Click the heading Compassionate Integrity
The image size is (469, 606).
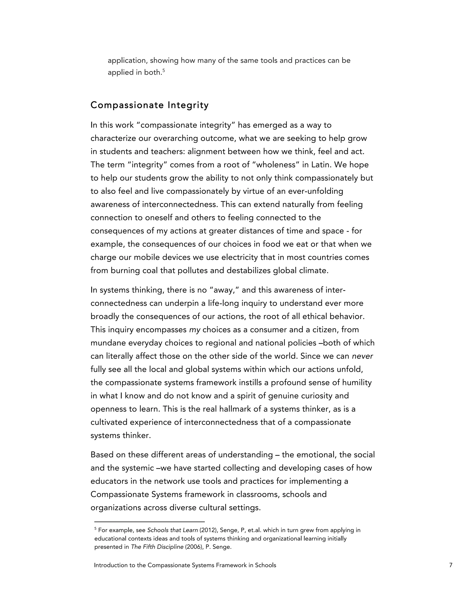(x=150, y=105)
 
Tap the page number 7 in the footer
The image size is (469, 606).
(x=451, y=565)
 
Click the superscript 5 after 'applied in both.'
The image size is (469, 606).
(x=164, y=71)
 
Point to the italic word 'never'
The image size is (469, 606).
(x=362, y=356)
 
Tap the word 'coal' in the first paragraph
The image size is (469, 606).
(x=150, y=271)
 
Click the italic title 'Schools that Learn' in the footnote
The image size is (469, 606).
(x=172, y=530)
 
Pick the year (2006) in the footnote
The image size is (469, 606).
(x=194, y=547)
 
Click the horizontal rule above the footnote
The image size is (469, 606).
(x=150, y=522)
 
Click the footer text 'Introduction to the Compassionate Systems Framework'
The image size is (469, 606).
(x=185, y=565)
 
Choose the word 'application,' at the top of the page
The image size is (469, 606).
(x=127, y=61)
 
